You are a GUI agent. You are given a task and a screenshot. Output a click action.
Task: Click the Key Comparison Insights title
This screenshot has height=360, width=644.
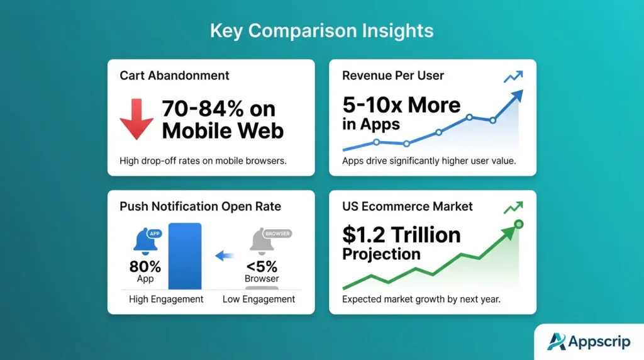click(321, 31)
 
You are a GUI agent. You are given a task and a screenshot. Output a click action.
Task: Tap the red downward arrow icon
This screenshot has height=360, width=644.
click(136, 119)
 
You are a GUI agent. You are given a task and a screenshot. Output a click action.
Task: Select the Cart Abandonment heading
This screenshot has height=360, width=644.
click(174, 76)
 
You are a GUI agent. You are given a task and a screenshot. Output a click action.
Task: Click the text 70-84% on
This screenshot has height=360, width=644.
click(218, 109)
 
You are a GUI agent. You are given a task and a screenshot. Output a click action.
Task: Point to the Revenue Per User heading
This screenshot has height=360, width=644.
click(393, 76)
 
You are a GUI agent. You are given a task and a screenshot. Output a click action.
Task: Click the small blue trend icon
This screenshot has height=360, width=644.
click(514, 77)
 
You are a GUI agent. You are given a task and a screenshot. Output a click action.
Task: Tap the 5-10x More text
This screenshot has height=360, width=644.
click(401, 104)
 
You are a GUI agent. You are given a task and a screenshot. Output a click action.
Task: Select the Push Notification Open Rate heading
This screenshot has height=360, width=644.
click(201, 206)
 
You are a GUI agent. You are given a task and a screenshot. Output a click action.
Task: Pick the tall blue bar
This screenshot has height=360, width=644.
click(185, 256)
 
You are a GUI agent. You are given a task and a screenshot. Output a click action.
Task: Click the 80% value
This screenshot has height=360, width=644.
click(145, 266)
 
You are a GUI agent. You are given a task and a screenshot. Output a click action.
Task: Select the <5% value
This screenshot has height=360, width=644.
click(262, 266)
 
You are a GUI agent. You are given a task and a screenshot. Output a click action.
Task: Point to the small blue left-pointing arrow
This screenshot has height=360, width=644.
click(224, 256)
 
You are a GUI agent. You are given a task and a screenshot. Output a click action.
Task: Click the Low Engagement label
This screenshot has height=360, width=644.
click(258, 299)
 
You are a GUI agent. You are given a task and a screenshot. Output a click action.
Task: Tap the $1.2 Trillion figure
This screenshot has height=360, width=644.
click(401, 235)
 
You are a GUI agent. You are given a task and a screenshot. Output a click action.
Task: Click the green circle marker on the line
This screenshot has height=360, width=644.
click(518, 224)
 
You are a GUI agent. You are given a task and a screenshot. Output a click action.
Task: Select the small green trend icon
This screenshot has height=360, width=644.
click(514, 207)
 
